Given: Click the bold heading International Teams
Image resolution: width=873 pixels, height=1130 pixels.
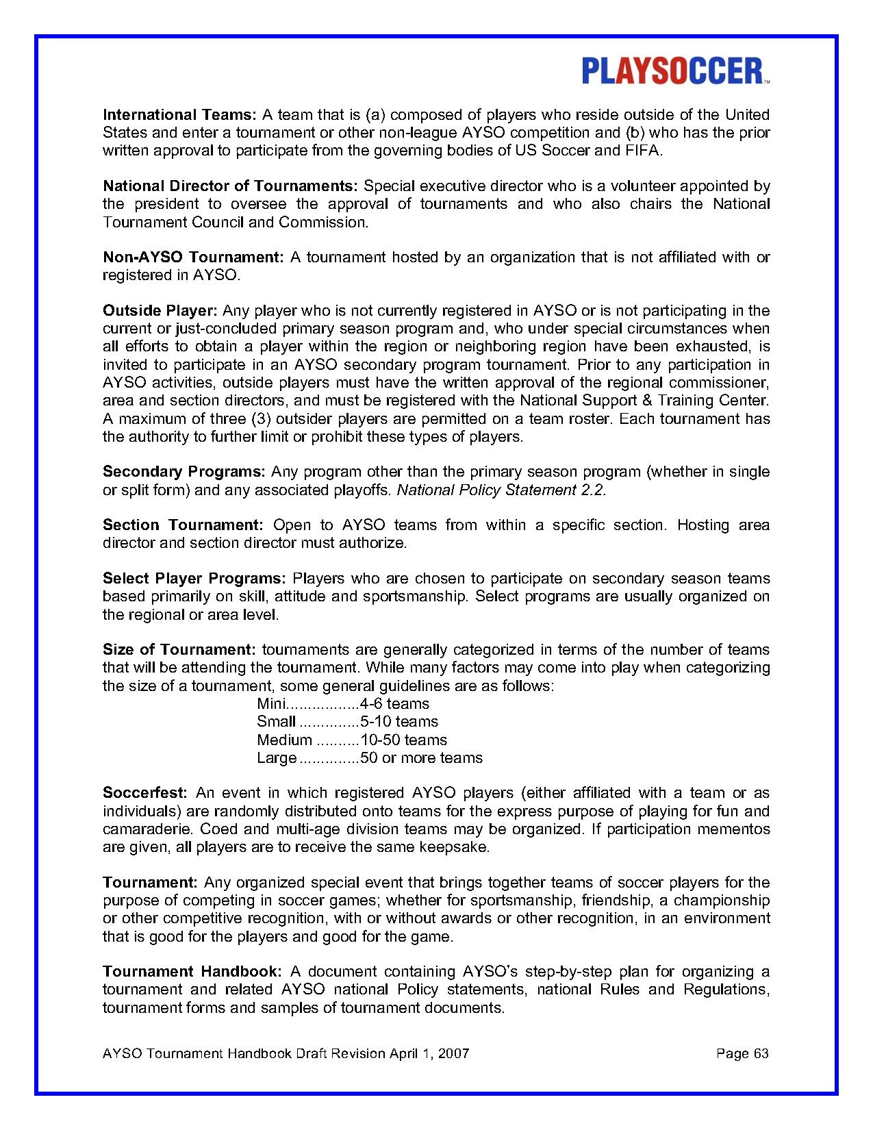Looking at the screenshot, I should click(x=179, y=114).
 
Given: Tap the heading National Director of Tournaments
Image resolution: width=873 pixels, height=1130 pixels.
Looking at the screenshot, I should click(x=230, y=186).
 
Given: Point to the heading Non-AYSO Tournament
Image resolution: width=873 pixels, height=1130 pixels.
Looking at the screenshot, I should click(x=193, y=258).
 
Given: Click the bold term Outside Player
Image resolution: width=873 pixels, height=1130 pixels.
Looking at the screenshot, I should click(x=160, y=311).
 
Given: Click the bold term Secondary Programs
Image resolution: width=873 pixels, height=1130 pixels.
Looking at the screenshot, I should click(x=184, y=472).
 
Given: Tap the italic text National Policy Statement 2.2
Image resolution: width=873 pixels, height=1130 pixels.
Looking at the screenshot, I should click(x=502, y=490).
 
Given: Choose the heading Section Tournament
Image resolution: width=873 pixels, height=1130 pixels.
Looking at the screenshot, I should click(x=183, y=525).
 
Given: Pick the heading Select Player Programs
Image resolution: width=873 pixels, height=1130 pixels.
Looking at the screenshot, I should click(x=194, y=579).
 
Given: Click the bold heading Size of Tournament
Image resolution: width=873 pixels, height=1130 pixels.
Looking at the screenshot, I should click(x=179, y=649).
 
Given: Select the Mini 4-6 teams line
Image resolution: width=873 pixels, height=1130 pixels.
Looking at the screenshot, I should click(x=343, y=704).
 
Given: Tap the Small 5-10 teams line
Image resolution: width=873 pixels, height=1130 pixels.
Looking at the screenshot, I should click(x=347, y=722).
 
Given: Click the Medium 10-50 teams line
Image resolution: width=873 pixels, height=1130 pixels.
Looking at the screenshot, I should click(x=352, y=740).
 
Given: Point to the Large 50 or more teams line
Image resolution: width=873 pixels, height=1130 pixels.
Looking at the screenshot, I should click(x=370, y=758).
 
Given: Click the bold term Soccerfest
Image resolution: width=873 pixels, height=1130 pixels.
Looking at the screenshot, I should click(x=145, y=793).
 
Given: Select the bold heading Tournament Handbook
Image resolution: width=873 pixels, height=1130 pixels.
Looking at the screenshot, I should click(x=192, y=972).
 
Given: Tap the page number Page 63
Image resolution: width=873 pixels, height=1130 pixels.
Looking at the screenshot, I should click(x=742, y=1053).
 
